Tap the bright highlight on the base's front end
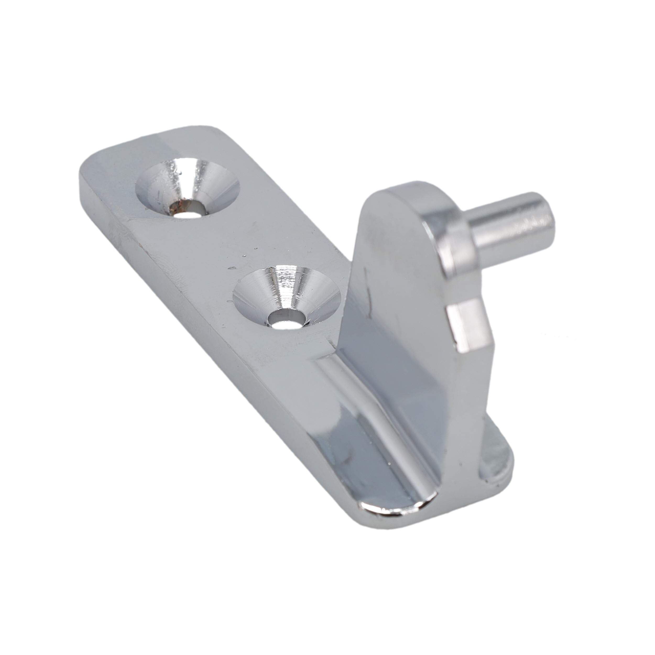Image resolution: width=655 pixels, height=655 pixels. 393,515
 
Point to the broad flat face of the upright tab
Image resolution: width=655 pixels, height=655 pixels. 400,305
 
